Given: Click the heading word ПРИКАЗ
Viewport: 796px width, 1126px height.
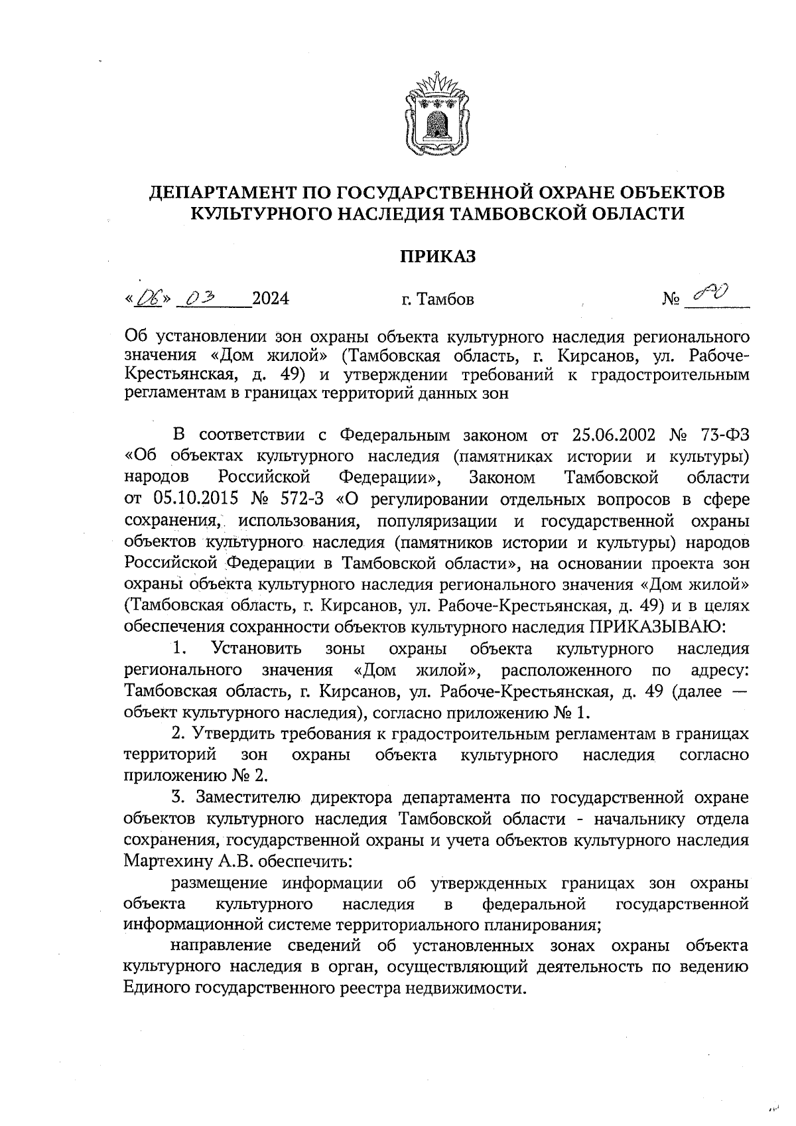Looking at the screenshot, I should [437, 256].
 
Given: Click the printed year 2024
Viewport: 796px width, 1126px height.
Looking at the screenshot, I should [271, 299].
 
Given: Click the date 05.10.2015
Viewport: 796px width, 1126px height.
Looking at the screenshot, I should [196, 498].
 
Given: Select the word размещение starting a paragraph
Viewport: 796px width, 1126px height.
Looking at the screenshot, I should [220, 883].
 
